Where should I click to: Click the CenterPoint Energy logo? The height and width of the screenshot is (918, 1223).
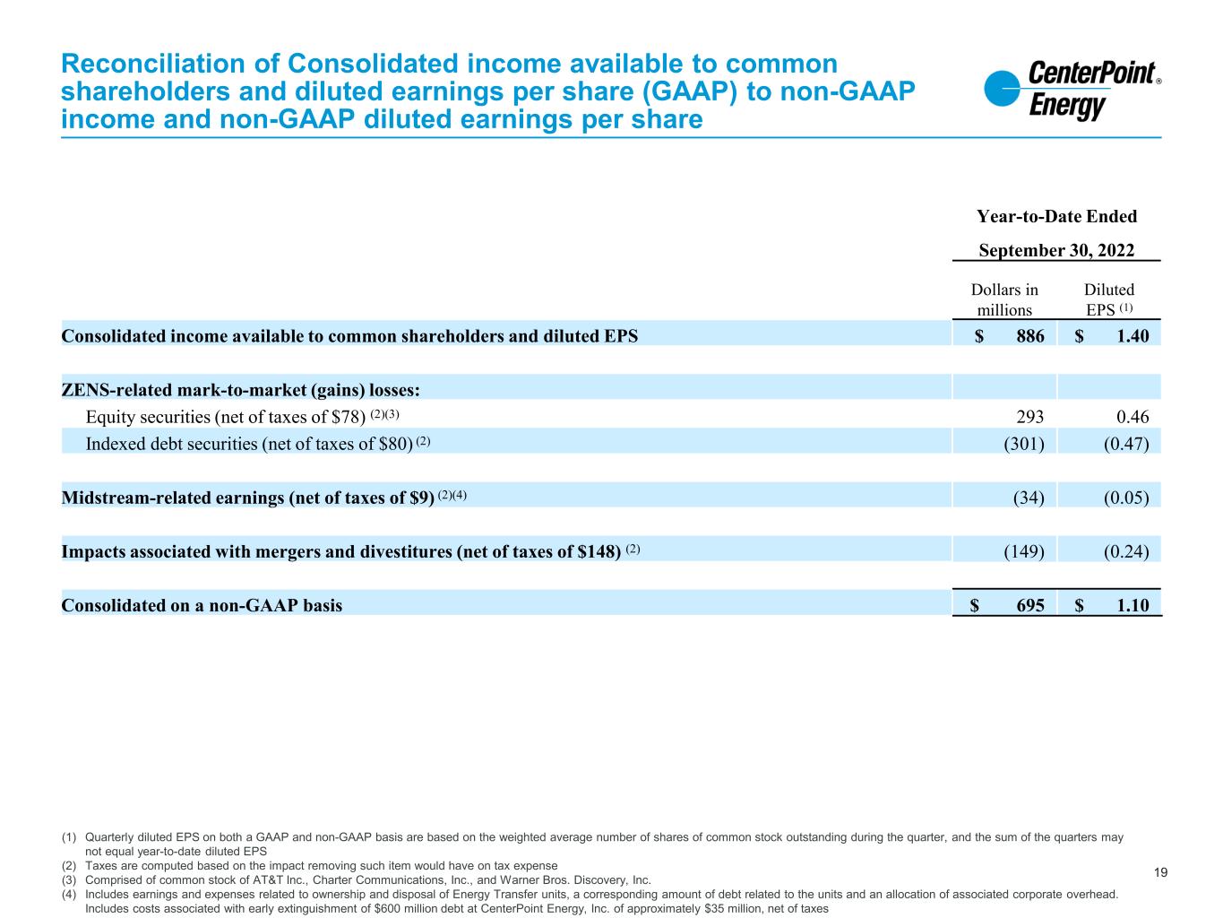coord(1072,90)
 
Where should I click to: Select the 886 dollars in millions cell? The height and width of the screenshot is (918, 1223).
coord(1026,336)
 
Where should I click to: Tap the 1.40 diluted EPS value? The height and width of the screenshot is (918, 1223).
coord(1131,336)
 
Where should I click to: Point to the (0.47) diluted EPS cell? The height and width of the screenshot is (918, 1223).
coord(1125,442)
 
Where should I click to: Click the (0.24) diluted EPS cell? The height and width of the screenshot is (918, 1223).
coord(1125,550)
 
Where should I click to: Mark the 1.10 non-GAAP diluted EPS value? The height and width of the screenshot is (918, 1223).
coord(1131,605)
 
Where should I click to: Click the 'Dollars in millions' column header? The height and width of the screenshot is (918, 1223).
coord(1004,299)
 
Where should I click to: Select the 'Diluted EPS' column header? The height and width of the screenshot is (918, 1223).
coord(1109,299)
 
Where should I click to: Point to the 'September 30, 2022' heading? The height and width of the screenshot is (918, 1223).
coord(1056,250)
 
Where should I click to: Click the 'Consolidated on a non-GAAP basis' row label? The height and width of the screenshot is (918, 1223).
coord(202,605)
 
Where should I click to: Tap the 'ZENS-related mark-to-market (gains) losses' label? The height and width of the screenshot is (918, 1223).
coord(241,390)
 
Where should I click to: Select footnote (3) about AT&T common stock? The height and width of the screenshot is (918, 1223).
coord(367,880)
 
